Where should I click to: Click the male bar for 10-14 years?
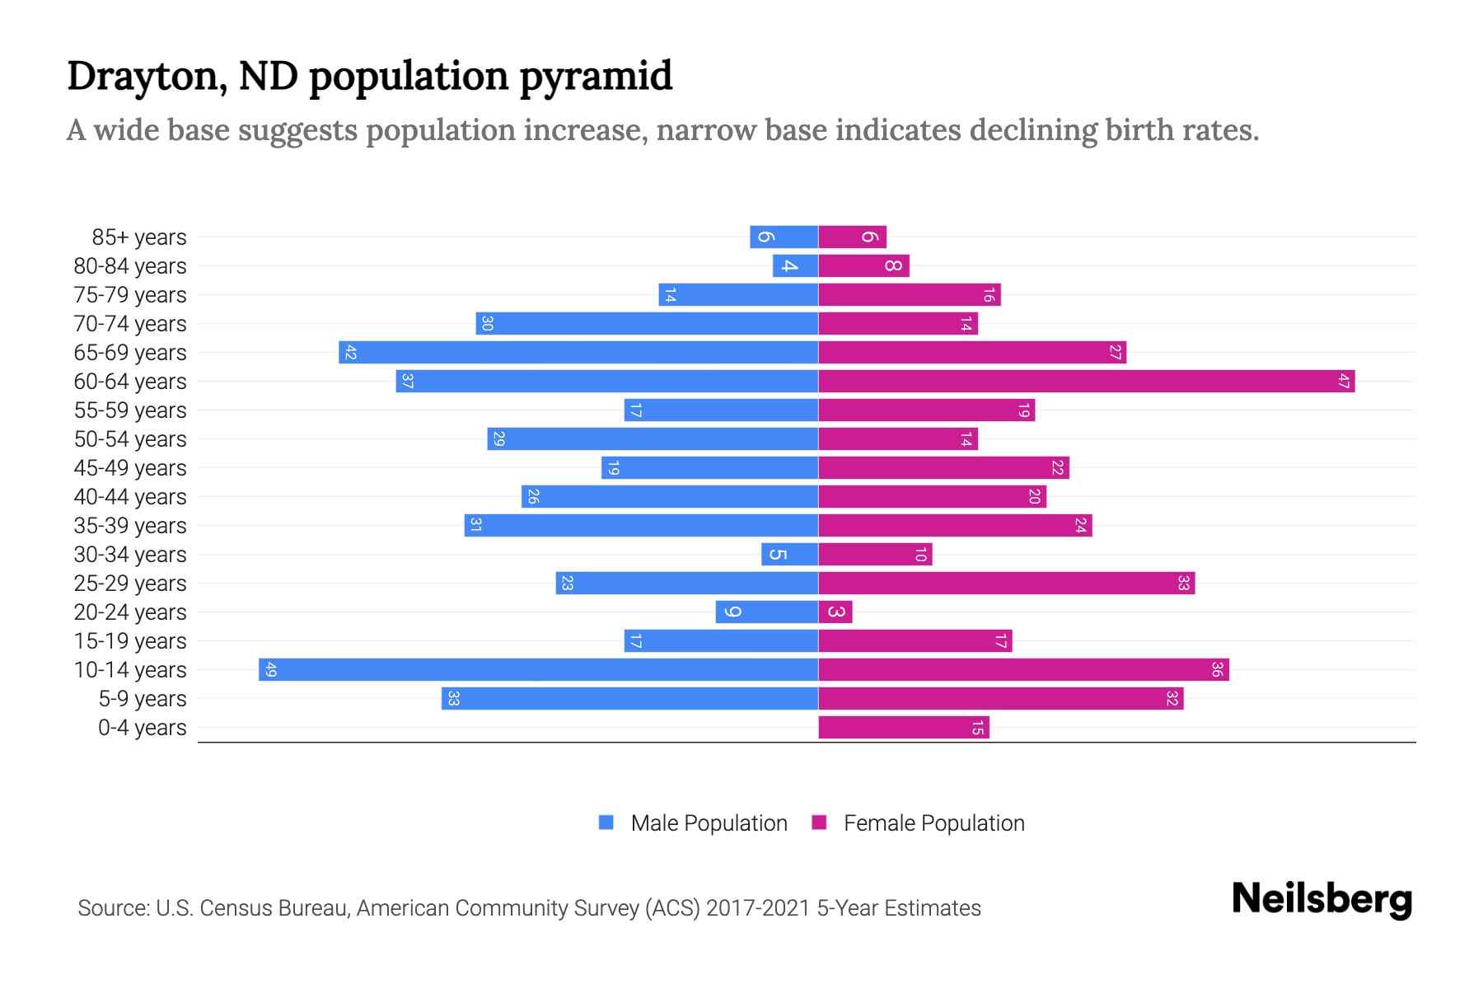(x=538, y=669)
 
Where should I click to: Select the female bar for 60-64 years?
(x=1086, y=381)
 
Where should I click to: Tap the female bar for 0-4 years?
(x=903, y=727)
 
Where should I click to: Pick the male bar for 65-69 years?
(x=578, y=352)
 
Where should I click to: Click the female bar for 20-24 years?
(x=835, y=612)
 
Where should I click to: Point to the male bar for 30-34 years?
(x=789, y=554)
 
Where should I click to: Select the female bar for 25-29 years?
(x=1006, y=583)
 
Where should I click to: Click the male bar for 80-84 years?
(x=795, y=265)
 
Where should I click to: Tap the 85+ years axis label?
(x=139, y=237)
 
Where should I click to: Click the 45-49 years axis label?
(x=130, y=468)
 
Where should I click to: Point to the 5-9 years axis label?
(x=142, y=699)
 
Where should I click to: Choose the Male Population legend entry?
(x=709, y=823)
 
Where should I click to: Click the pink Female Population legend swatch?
(x=819, y=823)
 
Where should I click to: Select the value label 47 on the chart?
(x=1344, y=381)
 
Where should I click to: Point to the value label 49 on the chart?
(x=270, y=669)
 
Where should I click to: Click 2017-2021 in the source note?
(x=757, y=908)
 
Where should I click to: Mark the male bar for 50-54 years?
(x=653, y=438)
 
